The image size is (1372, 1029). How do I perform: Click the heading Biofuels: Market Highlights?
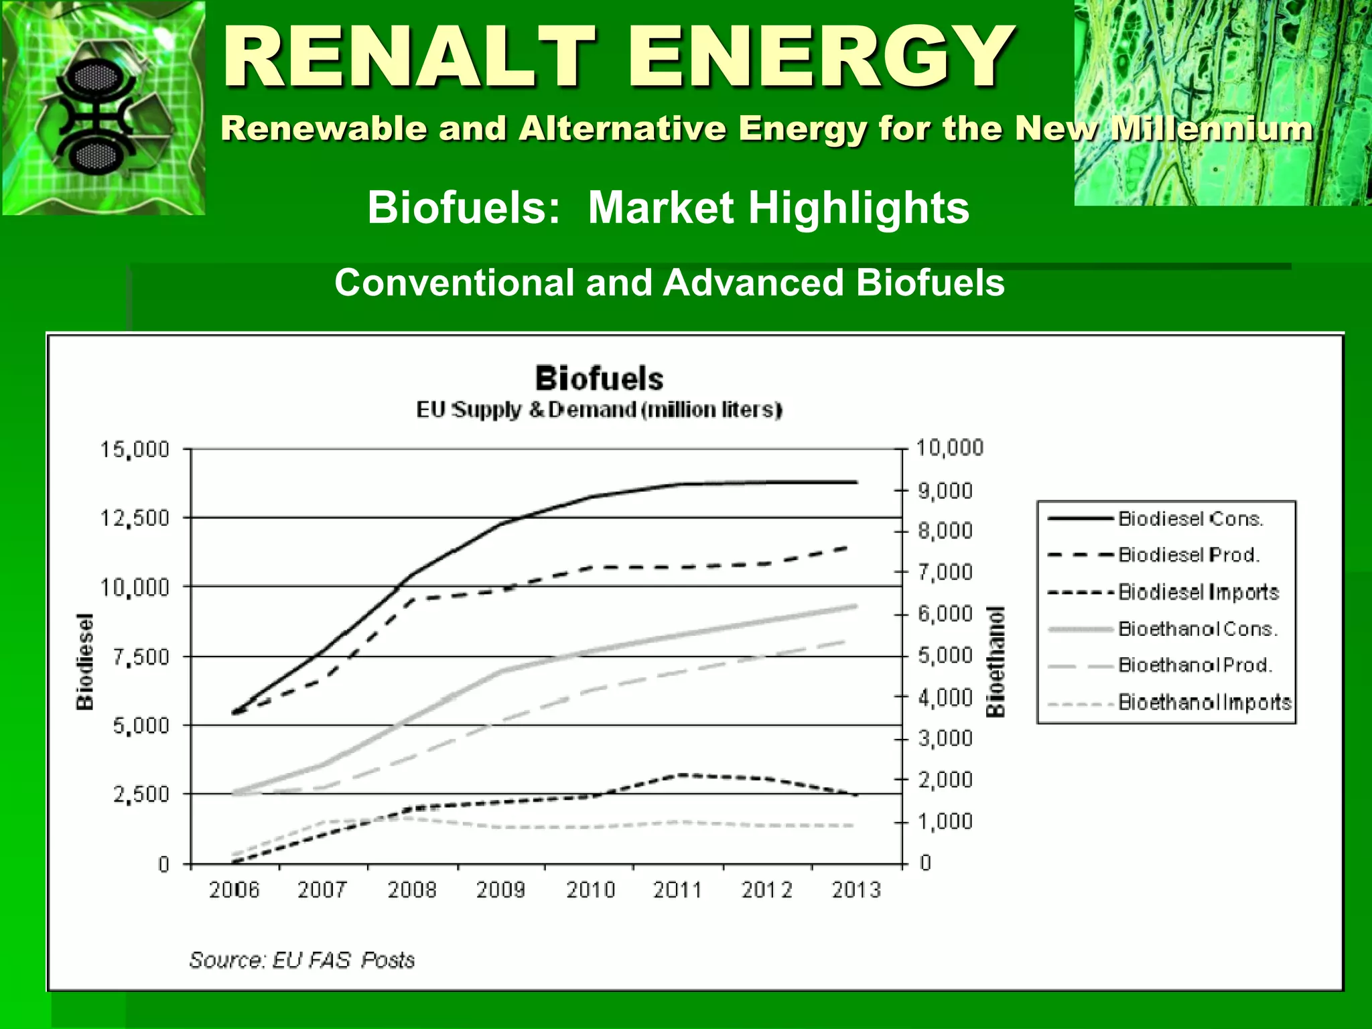coord(668,207)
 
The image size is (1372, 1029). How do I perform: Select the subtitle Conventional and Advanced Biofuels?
coord(669,282)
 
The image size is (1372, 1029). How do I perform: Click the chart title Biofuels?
coord(599,379)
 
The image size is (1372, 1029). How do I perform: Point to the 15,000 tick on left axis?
coord(135,450)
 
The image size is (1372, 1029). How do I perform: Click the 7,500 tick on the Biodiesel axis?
coord(141,657)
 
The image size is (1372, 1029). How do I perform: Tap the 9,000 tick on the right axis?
coord(945,491)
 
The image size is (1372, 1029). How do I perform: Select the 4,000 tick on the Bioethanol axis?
coord(945,697)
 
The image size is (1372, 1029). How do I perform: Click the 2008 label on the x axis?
coord(412,890)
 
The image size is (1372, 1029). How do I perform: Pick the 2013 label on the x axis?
coord(856,890)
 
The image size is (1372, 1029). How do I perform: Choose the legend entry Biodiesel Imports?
coord(1198,592)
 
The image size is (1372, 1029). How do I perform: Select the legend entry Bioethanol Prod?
coord(1194,665)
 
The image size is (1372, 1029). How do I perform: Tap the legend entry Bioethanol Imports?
coord(1204,702)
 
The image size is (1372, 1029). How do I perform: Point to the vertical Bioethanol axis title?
coord(996,662)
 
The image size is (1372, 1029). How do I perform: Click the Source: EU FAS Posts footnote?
coord(302,960)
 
